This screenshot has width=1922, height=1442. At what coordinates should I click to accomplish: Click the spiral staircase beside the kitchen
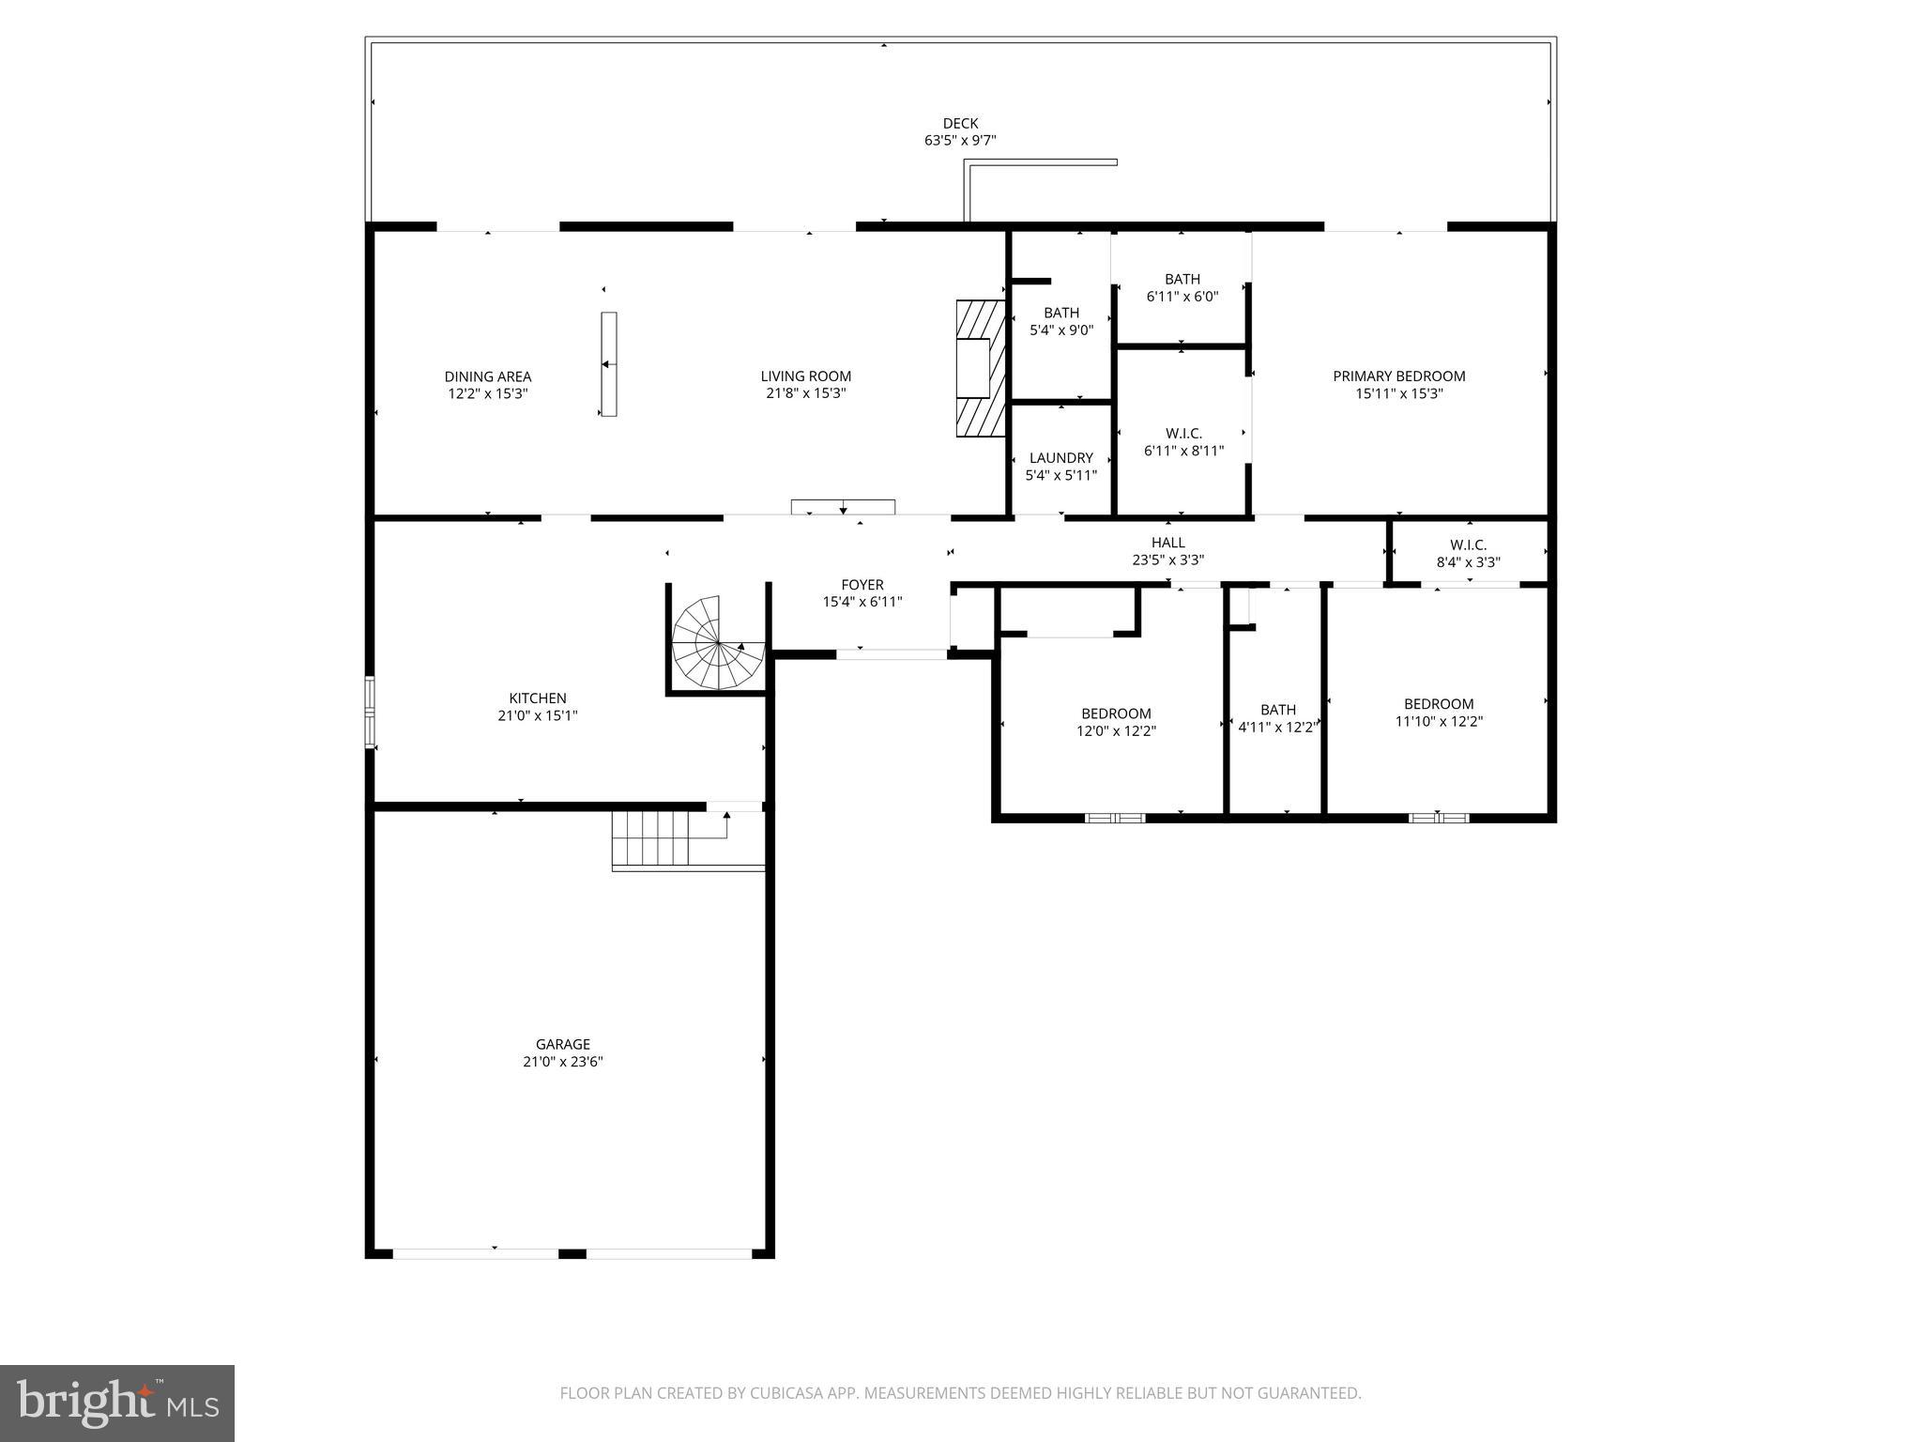(x=719, y=644)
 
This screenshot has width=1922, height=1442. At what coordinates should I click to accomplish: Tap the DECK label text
(x=960, y=123)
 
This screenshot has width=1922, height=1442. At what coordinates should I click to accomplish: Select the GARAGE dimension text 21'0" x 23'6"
(x=563, y=1062)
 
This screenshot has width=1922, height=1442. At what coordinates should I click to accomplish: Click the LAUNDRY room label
(x=1060, y=458)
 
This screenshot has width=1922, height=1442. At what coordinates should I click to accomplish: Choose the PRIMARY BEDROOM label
(x=1398, y=376)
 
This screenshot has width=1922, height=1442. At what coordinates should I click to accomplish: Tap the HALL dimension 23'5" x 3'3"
(x=1167, y=560)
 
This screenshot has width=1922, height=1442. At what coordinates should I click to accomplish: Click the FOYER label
(x=862, y=585)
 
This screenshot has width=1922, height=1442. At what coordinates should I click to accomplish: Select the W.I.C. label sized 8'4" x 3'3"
(x=1468, y=545)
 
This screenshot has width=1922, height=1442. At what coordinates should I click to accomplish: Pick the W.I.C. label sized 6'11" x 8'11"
(x=1183, y=434)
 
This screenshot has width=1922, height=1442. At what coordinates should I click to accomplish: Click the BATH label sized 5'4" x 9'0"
(x=1060, y=314)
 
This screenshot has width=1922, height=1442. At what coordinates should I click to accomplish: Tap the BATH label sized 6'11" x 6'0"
(x=1182, y=279)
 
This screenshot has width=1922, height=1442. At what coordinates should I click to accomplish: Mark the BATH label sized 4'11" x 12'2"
(x=1277, y=710)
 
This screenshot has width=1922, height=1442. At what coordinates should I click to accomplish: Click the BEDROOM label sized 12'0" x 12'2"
(x=1115, y=713)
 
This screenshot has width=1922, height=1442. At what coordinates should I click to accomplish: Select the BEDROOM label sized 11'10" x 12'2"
(x=1438, y=704)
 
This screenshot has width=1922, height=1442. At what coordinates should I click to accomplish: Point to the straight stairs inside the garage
(x=650, y=838)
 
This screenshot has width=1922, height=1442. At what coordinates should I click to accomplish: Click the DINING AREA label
(x=487, y=376)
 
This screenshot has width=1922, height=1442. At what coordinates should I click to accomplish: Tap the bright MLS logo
(x=117, y=1403)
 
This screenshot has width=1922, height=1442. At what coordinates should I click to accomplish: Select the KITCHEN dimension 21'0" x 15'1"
(x=537, y=715)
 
